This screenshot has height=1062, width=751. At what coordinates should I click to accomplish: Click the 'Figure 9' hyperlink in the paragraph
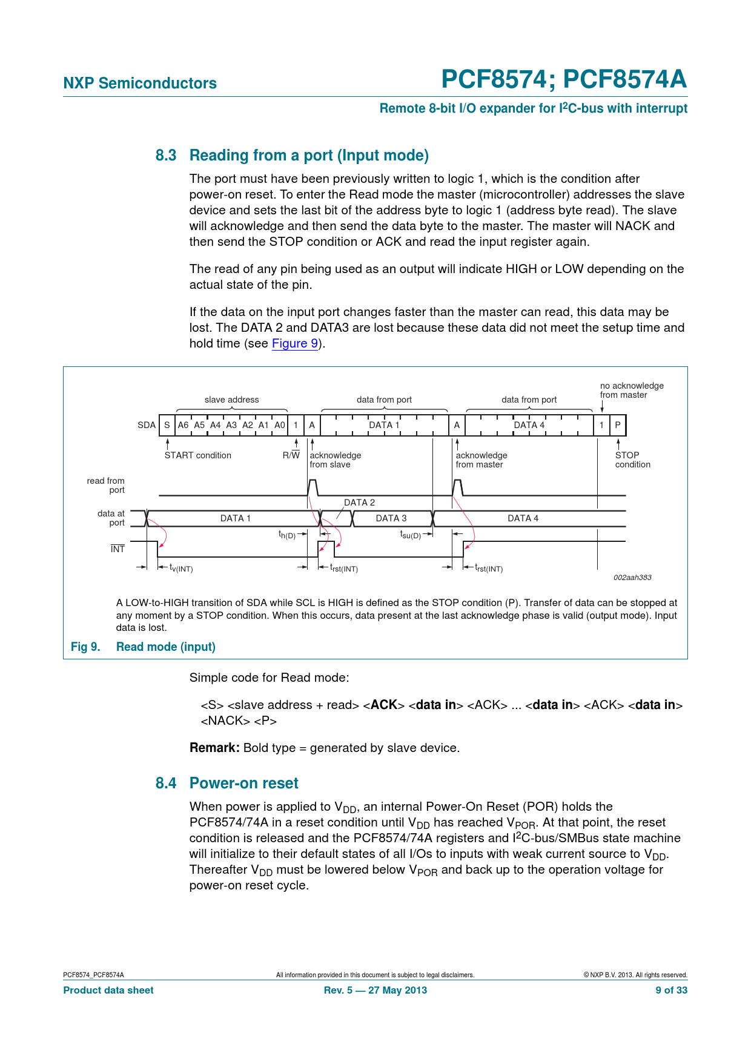coord(295,343)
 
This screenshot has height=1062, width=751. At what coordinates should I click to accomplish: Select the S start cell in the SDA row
coord(167,425)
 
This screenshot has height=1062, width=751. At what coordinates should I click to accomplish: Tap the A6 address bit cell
coord(183,425)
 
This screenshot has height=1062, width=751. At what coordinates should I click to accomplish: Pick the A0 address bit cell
coord(279,425)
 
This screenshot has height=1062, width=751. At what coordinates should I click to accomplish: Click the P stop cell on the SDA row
coord(618,425)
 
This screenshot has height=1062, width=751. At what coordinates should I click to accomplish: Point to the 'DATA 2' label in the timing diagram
coord(359,503)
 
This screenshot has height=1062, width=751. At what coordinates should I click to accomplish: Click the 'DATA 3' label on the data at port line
coord(391,518)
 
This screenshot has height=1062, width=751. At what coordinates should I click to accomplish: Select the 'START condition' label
coord(197,455)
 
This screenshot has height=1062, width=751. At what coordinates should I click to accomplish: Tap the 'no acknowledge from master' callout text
coord(632,391)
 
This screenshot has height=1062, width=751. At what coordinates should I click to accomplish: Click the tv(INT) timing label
coord(181,569)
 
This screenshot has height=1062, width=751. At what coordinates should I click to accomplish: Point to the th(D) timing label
coord(287,535)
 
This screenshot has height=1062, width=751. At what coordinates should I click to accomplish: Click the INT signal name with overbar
coord(117,549)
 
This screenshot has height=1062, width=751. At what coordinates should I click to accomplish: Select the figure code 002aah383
coord(632,578)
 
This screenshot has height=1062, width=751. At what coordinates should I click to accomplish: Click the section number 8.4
coord(166,783)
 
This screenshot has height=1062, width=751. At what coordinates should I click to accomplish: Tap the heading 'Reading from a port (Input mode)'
coord(309,156)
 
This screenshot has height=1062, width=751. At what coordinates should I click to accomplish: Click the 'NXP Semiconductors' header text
coord(140,84)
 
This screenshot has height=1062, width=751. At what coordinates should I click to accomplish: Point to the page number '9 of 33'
coord(671,991)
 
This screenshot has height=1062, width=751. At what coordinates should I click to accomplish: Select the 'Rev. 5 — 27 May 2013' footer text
coord(375,991)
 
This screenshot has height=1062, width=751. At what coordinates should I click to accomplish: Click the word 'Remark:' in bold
coord(214,748)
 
